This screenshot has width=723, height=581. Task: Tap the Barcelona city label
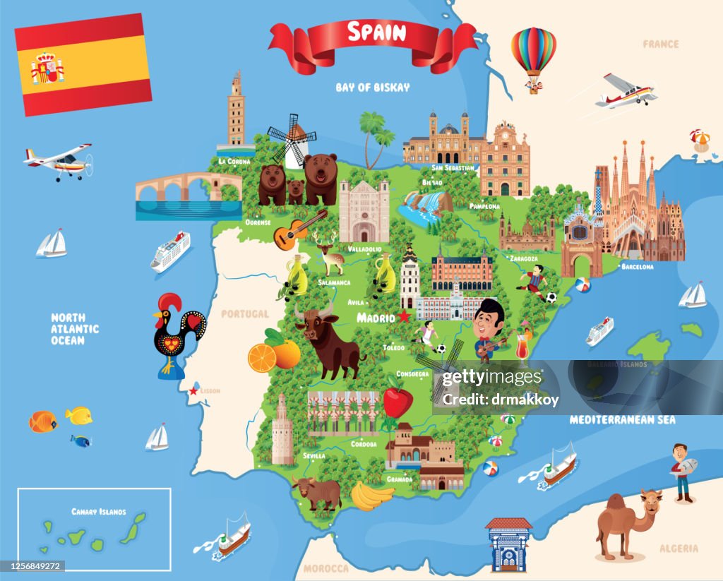point(637,267)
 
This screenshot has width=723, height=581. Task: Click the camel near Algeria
point(628,522)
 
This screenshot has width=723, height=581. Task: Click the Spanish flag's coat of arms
point(47,68)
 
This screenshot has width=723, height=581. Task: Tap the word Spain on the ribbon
point(377,32)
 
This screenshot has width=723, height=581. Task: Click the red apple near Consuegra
point(397,402)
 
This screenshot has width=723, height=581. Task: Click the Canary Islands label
point(99,511)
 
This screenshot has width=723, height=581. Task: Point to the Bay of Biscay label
point(372,88)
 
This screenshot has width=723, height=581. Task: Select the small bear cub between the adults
point(295,190)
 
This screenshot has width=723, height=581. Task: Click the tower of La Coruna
point(236,113)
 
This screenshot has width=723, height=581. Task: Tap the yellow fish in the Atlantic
point(78,415)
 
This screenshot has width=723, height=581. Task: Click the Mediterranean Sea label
point(622,419)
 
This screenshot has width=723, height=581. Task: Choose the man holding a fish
point(682,472)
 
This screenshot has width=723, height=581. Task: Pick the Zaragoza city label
point(523,258)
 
